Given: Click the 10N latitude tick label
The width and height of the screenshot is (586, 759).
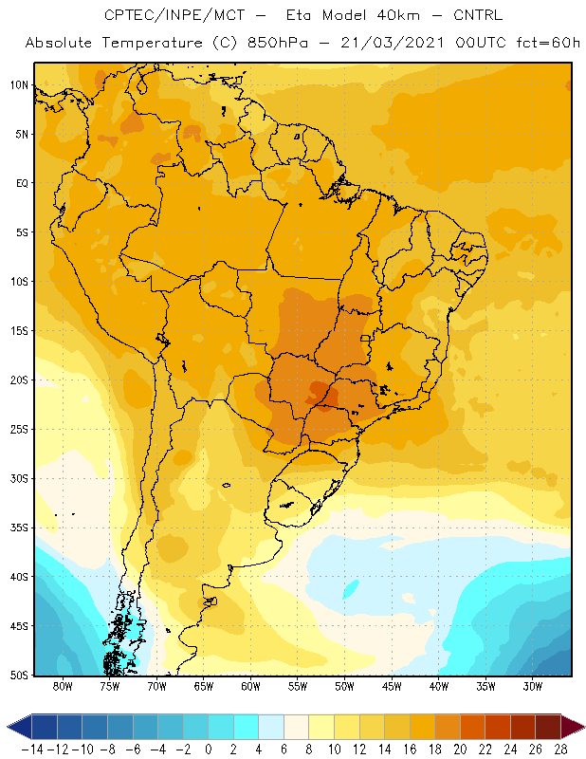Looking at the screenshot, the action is point(19,85).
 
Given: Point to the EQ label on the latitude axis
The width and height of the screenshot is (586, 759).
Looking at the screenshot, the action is point(22,183).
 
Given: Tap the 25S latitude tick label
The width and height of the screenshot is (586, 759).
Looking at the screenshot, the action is point(19,430).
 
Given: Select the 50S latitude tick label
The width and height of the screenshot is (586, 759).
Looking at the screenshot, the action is point(19,675).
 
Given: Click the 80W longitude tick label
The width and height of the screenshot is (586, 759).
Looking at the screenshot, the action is point(63,686).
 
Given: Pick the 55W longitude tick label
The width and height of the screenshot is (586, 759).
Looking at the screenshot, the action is point(298,686).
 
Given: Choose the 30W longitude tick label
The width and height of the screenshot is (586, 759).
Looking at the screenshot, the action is point(533,686).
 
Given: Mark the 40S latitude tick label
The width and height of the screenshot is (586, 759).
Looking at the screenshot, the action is point(19,577).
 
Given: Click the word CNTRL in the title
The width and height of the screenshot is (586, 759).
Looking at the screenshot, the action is point(478,15).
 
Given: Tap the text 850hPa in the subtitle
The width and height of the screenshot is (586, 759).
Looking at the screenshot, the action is point(278,43).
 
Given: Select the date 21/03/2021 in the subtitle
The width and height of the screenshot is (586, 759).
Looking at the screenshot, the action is point(393,43).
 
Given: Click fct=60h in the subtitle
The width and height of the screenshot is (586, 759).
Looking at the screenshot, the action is point(548,43).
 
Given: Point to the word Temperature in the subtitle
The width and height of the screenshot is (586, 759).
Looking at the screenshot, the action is point(153,43).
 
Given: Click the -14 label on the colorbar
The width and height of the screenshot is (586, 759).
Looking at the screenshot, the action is point(32,750).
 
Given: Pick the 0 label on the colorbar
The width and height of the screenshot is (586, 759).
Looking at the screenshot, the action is point(208,750).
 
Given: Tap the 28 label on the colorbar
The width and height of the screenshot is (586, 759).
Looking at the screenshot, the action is point(560,750).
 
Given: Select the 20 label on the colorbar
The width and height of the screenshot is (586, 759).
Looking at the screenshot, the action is point(460,750).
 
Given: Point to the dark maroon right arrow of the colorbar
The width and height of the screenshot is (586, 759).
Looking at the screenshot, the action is point(572,727).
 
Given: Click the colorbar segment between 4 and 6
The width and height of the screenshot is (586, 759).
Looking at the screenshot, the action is point(271,727).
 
